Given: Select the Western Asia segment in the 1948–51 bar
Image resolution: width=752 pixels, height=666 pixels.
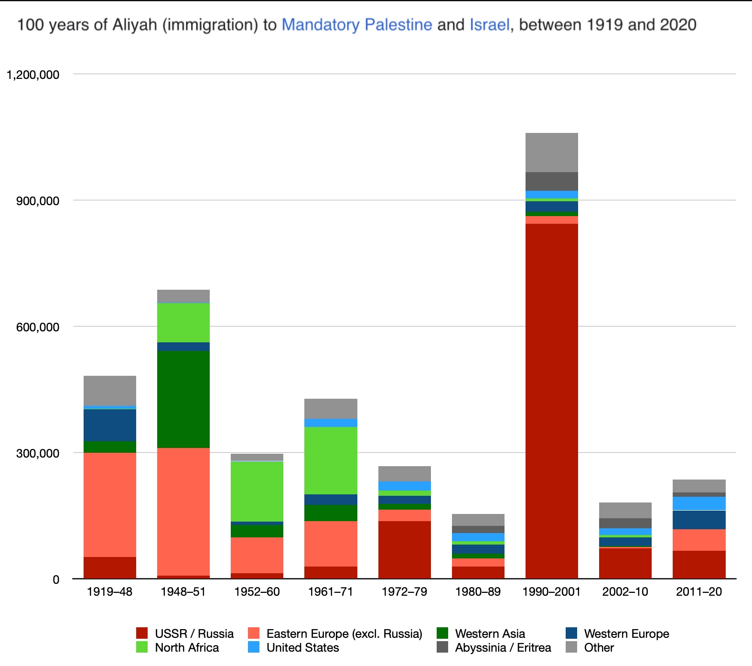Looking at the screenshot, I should pos(183,399).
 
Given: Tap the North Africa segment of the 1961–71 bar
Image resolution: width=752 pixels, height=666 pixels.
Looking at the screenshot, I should pos(331,460).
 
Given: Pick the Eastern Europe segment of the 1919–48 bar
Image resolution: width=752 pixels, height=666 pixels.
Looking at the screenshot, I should pos(110,504).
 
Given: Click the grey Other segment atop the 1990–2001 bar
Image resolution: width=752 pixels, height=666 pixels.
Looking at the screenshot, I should pos(551,152).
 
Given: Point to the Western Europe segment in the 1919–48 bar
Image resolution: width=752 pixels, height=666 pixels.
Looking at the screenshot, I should pos(110,425).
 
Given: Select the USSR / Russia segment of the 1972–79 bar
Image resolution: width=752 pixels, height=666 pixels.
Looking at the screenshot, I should pos(404,549).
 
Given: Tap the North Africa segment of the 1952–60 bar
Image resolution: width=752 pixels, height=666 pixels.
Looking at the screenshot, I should pos(257,491).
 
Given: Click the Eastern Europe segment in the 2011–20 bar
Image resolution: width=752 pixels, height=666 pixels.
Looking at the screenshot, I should pos(699,540).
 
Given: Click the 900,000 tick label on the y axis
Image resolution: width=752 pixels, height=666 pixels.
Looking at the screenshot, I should pos(38,201).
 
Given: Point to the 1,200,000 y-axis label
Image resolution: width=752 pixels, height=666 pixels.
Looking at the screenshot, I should pos(33,75).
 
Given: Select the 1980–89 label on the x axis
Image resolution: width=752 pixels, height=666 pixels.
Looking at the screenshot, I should pos(478,592).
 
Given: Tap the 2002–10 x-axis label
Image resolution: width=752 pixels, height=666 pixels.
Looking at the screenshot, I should pos(625,592).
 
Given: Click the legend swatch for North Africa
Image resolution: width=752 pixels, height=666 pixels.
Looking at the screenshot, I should pos(142,647).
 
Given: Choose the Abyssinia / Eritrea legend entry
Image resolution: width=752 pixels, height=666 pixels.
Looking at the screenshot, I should pos(503,647).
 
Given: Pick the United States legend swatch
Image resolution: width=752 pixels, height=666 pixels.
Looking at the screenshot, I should pos(254,647).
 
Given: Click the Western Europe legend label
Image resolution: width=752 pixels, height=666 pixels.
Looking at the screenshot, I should pos(626,633).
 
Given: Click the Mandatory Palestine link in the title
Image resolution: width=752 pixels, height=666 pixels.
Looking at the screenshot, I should pos(357,24).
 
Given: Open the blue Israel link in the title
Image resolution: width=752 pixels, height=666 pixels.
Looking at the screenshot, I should pos(490,24).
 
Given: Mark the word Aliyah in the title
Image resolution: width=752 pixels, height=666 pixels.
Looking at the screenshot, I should pos(135,24).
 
